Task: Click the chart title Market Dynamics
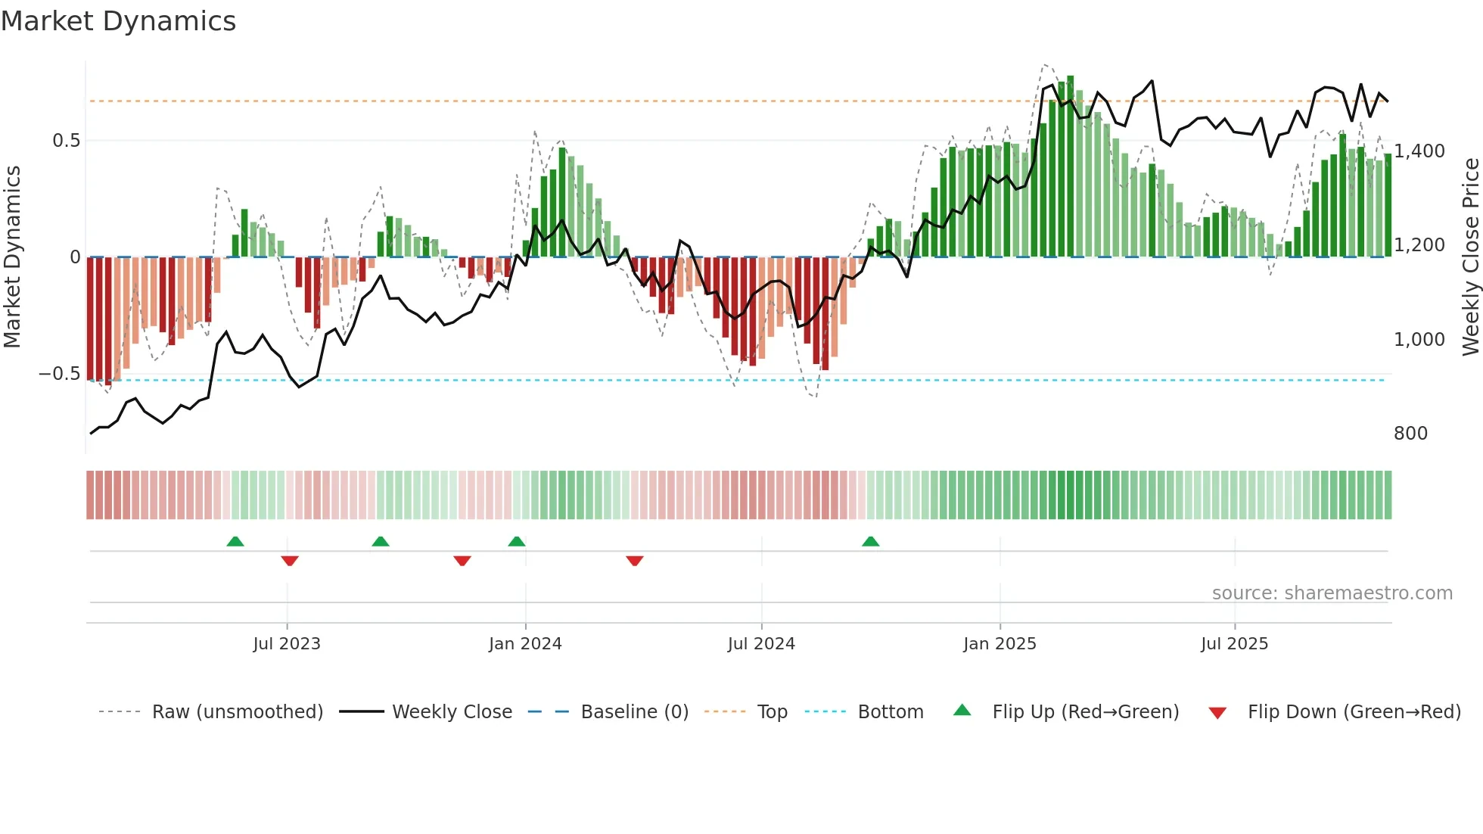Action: pyautogui.click(x=118, y=21)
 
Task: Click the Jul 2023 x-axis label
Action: pyautogui.click(x=287, y=644)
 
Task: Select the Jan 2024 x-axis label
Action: pyautogui.click(x=525, y=644)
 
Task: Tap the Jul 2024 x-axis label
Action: pyautogui.click(x=761, y=644)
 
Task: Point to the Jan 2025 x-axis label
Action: pyautogui.click(x=1000, y=644)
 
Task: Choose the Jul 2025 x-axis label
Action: pyautogui.click(x=1234, y=644)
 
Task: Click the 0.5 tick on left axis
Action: pyautogui.click(x=66, y=141)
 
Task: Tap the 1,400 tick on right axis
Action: pyautogui.click(x=1419, y=151)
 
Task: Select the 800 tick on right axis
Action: pyautogui.click(x=1410, y=434)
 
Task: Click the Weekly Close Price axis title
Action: pyautogui.click(x=1470, y=257)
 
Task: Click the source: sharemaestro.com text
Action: pyautogui.click(x=1332, y=593)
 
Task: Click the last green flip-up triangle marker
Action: pyautogui.click(x=871, y=542)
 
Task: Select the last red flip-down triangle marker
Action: pyautogui.click(x=635, y=561)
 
